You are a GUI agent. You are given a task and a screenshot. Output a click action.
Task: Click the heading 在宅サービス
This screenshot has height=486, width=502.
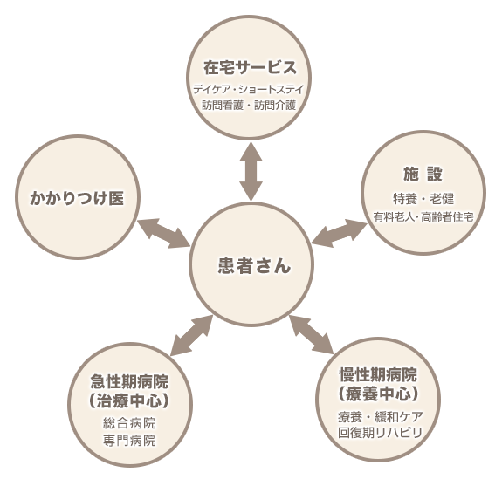[250, 67]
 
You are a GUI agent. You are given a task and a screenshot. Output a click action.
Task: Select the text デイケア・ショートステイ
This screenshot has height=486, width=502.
[249, 89]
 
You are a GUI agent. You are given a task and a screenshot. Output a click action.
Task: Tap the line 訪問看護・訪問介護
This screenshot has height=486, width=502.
[249, 106]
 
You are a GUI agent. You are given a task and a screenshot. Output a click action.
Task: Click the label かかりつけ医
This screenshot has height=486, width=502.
[77, 198]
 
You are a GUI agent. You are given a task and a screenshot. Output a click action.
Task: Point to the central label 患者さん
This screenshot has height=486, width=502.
[254, 265]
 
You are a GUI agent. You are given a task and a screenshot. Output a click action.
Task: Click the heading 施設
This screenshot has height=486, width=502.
[423, 174]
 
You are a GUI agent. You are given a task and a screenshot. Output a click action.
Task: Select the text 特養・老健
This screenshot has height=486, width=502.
[423, 199]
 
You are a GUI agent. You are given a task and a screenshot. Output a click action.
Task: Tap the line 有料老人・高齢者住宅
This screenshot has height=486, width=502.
[423, 216]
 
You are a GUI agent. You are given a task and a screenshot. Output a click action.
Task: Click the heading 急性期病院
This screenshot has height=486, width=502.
[129, 381]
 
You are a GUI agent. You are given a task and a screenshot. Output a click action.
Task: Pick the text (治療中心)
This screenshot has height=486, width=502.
[129, 400]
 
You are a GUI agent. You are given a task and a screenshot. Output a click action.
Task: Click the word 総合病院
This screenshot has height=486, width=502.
[129, 423]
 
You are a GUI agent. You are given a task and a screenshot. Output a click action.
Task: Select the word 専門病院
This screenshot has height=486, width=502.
[129, 441]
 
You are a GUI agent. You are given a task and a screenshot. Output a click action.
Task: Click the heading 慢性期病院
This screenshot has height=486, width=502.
[378, 374]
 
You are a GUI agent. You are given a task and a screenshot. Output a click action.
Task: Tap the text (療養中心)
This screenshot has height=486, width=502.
[378, 394]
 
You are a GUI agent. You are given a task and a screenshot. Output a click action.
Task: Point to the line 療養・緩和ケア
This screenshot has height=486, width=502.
[381, 417]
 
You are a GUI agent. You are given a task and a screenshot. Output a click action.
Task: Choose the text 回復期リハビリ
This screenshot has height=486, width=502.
[380, 433]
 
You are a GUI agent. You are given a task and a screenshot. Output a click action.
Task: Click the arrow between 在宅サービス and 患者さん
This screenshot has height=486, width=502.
[251, 172]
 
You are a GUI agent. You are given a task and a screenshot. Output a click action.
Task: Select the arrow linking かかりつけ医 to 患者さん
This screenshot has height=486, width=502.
[164, 233]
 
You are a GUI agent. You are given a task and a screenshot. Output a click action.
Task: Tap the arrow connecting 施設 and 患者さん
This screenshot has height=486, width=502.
[340, 233]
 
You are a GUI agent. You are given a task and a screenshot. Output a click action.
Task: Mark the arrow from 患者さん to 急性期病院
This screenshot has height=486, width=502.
[191, 335]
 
